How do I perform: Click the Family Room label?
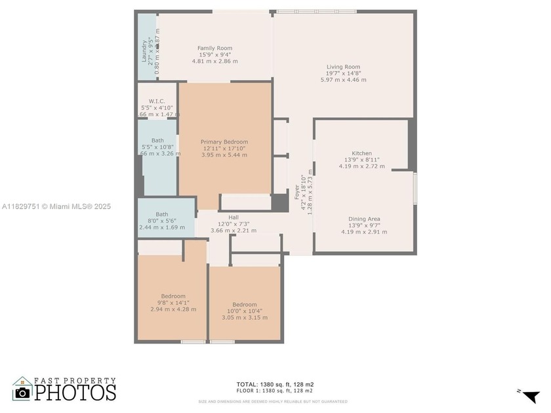(x=215, y=48)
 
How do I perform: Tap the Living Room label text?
(x=344, y=66)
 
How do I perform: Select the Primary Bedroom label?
(x=224, y=142)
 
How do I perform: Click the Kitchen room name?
(x=361, y=153)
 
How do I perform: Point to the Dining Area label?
(x=365, y=219)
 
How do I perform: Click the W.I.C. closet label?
(x=157, y=101)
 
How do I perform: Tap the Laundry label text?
(x=144, y=51)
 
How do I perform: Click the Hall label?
(x=234, y=217)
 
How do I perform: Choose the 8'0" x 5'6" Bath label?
(x=161, y=214)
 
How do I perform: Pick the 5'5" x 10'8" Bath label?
(x=157, y=140)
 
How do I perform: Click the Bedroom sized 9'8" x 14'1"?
(x=173, y=296)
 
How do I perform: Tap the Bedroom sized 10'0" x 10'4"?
(x=244, y=304)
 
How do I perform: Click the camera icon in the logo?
(x=23, y=391)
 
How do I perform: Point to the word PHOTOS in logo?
(x=75, y=393)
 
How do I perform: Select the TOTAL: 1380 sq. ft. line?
(x=275, y=384)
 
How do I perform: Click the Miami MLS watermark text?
(x=56, y=206)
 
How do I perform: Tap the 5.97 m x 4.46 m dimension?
(x=344, y=80)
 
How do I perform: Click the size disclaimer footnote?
(x=273, y=401)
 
